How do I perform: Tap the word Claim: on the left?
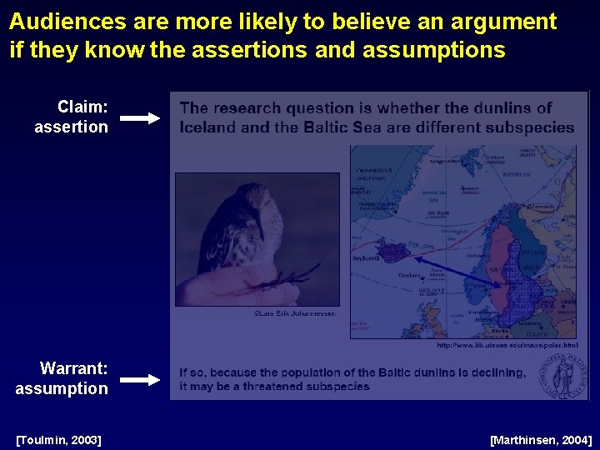point(82,107)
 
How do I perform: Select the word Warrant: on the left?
point(74,368)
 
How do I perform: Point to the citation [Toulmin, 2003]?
point(58,439)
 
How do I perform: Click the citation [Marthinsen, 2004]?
point(541,439)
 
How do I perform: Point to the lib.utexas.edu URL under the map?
point(507,344)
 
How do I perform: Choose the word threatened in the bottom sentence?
point(278,387)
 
